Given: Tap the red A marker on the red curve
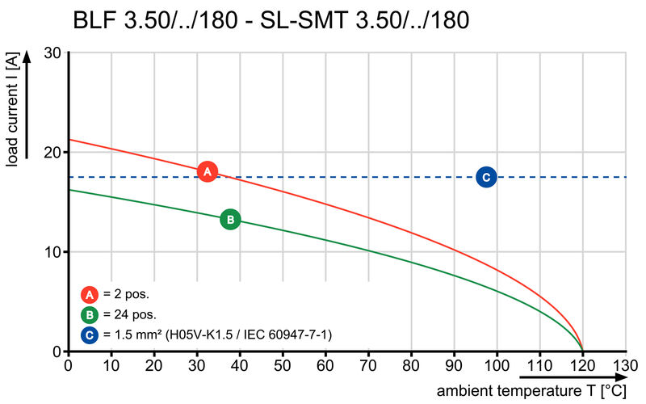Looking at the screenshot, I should click(x=208, y=171).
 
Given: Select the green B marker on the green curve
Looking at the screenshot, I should click(x=230, y=219).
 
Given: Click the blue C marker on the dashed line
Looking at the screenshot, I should click(x=485, y=177).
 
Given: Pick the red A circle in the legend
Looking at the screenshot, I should click(x=90, y=295).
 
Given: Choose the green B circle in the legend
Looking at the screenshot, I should click(x=90, y=314).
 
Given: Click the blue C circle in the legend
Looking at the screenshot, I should click(x=90, y=334).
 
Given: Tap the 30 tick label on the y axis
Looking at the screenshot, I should click(x=53, y=53).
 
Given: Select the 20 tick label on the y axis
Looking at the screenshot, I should click(x=53, y=152).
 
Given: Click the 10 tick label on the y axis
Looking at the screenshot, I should click(x=53, y=251).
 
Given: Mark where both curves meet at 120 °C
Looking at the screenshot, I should click(x=582, y=351).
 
